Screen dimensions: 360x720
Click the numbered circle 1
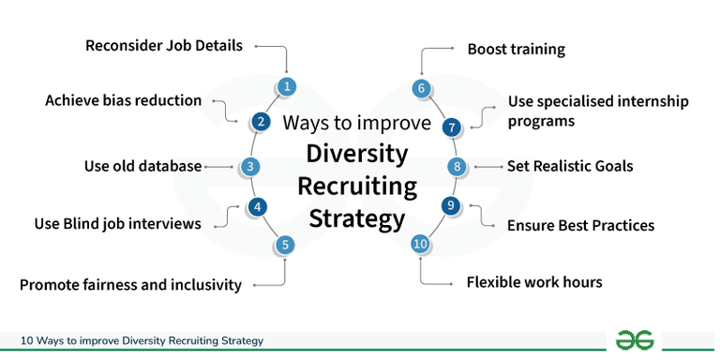point(288,87)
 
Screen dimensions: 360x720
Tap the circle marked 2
point(261,121)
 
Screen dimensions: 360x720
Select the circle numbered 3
point(249,167)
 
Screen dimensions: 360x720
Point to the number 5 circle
point(286,246)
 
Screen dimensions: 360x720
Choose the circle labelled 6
point(421,88)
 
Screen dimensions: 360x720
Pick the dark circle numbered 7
point(452,127)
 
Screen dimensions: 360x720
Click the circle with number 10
point(420,244)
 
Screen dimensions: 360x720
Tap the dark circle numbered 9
point(451,205)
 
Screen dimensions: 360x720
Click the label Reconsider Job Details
point(165,45)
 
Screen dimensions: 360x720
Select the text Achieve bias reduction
point(123,99)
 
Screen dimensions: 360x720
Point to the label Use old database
point(142,167)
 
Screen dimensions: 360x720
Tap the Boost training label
point(517,48)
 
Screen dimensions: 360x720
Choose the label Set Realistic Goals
point(570,167)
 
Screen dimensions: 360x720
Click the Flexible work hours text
point(533,281)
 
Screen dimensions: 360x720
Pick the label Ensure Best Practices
point(580,225)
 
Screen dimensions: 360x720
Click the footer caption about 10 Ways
point(142,339)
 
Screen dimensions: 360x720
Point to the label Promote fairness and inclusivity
point(130,284)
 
